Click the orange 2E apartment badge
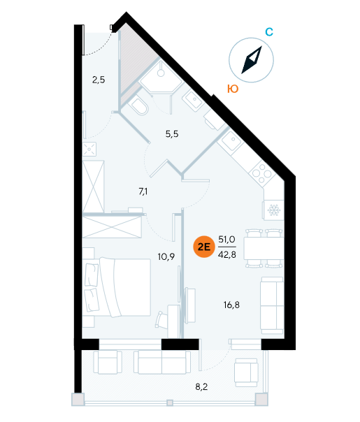204,247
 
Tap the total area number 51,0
226,239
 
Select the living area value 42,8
227,254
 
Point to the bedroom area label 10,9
166,256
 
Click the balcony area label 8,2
201,387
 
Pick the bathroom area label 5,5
172,133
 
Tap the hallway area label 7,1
143,191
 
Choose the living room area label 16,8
231,305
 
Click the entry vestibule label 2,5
99,80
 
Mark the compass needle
252,60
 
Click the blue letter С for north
269,32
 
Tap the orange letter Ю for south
233,89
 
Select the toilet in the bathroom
138,106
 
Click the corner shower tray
161,78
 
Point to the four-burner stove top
262,173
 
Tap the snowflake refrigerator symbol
274,210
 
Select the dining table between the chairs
264,248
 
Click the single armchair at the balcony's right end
246,372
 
